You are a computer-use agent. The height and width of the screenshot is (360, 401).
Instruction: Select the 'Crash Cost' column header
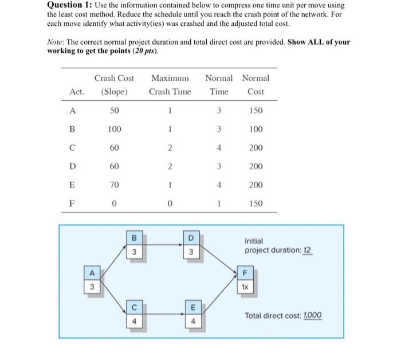point(114,78)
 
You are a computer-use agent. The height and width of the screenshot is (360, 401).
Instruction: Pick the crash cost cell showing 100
point(114,129)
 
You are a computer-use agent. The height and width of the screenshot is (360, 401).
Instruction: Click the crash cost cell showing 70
point(114,185)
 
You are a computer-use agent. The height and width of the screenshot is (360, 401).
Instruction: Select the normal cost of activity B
point(255,129)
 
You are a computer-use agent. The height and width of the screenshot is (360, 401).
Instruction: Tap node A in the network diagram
point(90,278)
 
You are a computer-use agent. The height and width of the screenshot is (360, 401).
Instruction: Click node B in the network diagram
point(134,244)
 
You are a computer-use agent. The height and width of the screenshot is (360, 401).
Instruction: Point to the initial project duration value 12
point(308,251)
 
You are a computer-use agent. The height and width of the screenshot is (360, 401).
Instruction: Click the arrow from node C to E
point(164,316)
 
